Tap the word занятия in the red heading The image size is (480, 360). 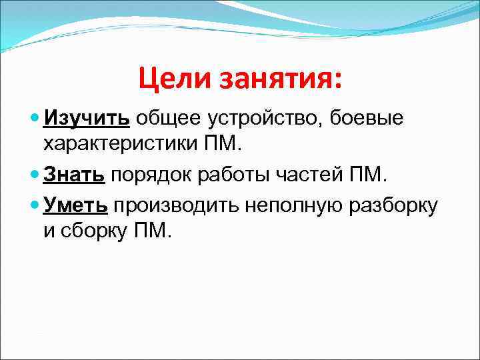coord(281,79)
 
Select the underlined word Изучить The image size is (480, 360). coord(87,119)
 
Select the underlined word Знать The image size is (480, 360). coord(74,175)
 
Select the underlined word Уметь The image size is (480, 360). coord(75,205)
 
